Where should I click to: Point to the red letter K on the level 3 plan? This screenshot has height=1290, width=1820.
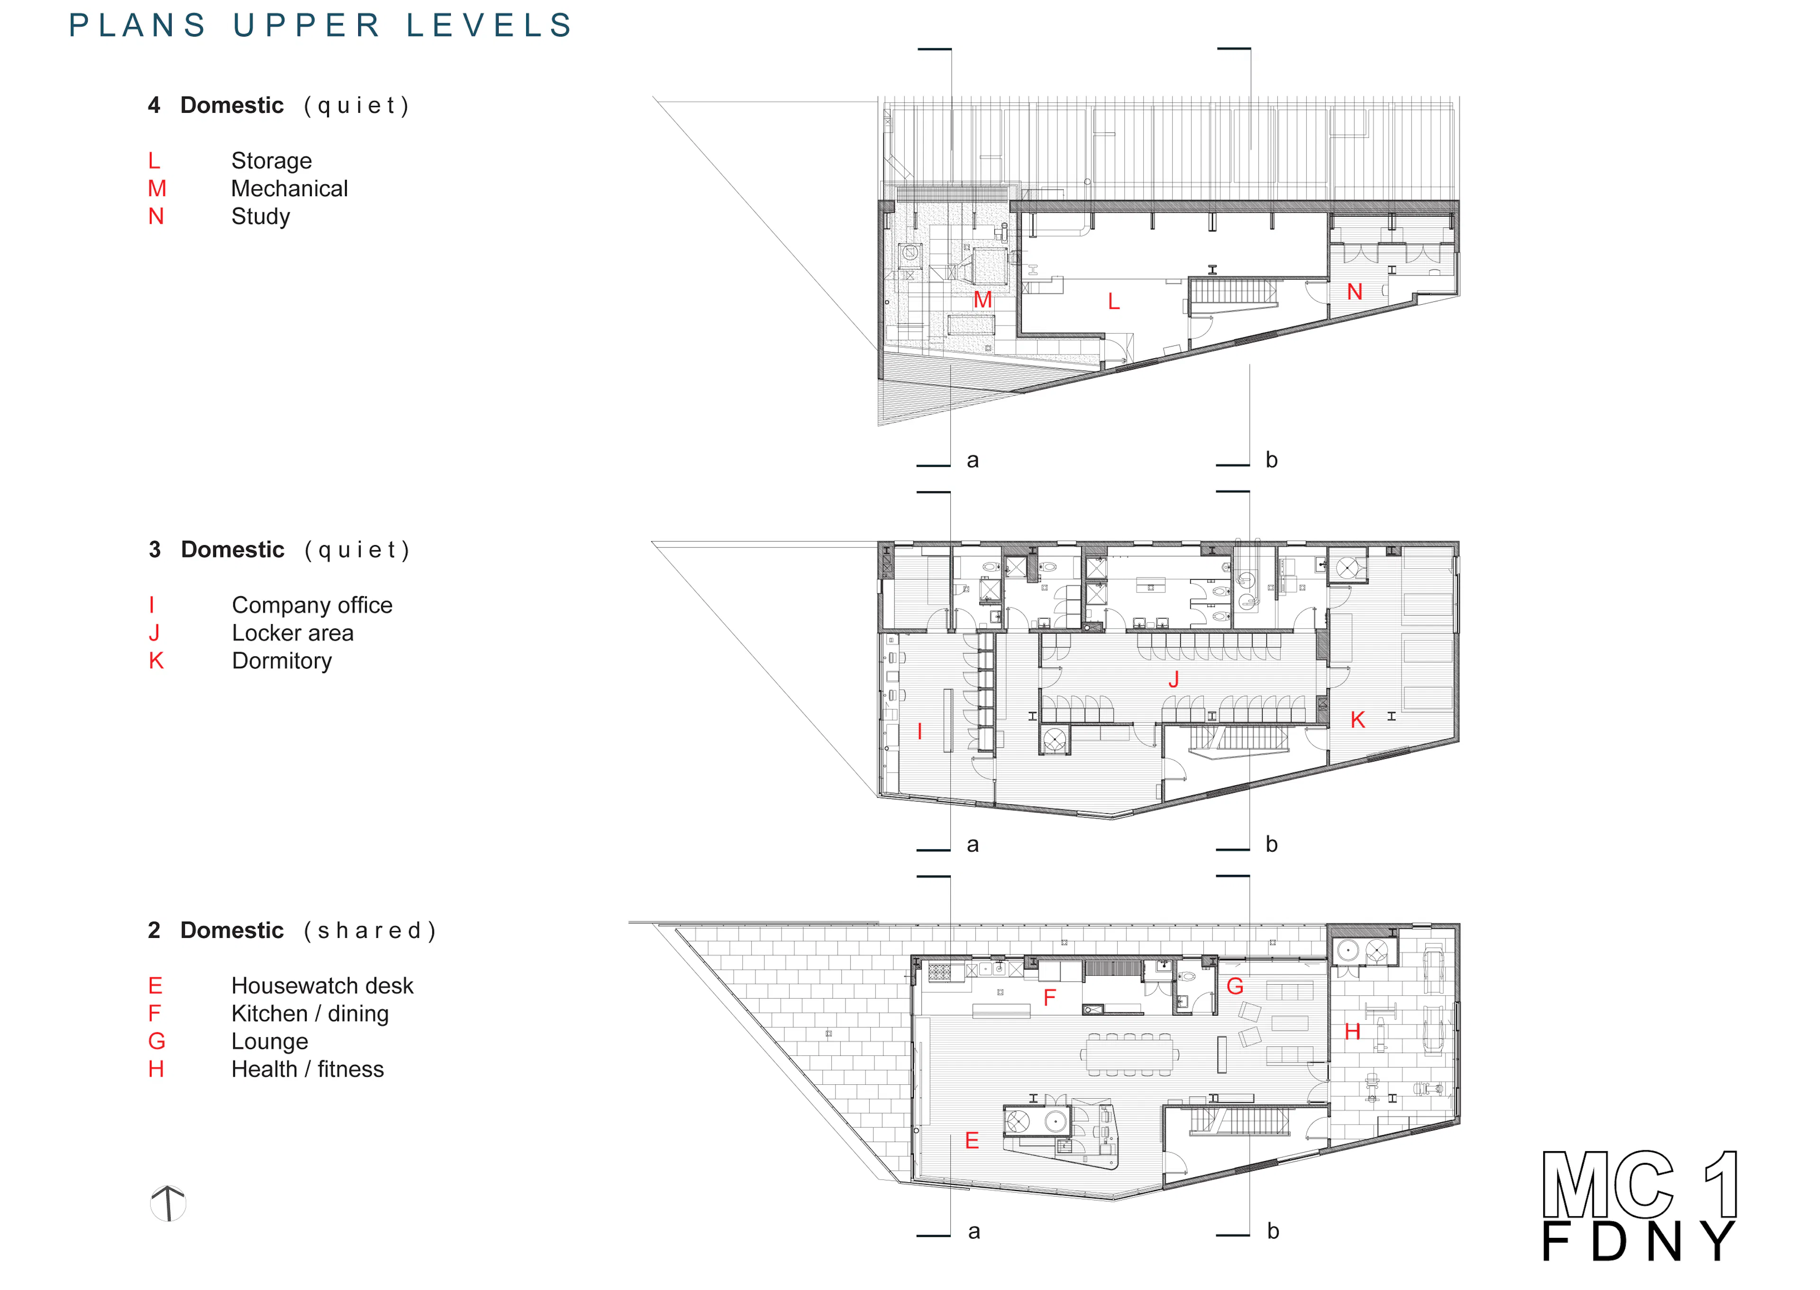coord(1357,720)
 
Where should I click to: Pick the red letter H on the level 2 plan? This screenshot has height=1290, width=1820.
coord(1352,1031)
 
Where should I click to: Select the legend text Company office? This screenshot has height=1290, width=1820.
coord(312,605)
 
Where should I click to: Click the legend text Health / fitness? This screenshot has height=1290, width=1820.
coord(308,1069)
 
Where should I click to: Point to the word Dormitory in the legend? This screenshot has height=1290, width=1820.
coord(282,661)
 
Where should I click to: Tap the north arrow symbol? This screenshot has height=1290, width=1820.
coord(168,1203)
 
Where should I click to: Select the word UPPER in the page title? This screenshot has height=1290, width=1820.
coord(306,26)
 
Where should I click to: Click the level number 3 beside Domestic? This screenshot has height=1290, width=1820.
coord(155,550)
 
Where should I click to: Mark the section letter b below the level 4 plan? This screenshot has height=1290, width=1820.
coord(1271,459)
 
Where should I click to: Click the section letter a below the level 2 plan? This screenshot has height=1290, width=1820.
coord(974,1232)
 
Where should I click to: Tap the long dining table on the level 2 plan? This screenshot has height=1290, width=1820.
coord(1129,1055)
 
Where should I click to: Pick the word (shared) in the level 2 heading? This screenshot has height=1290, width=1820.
coord(370,931)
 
